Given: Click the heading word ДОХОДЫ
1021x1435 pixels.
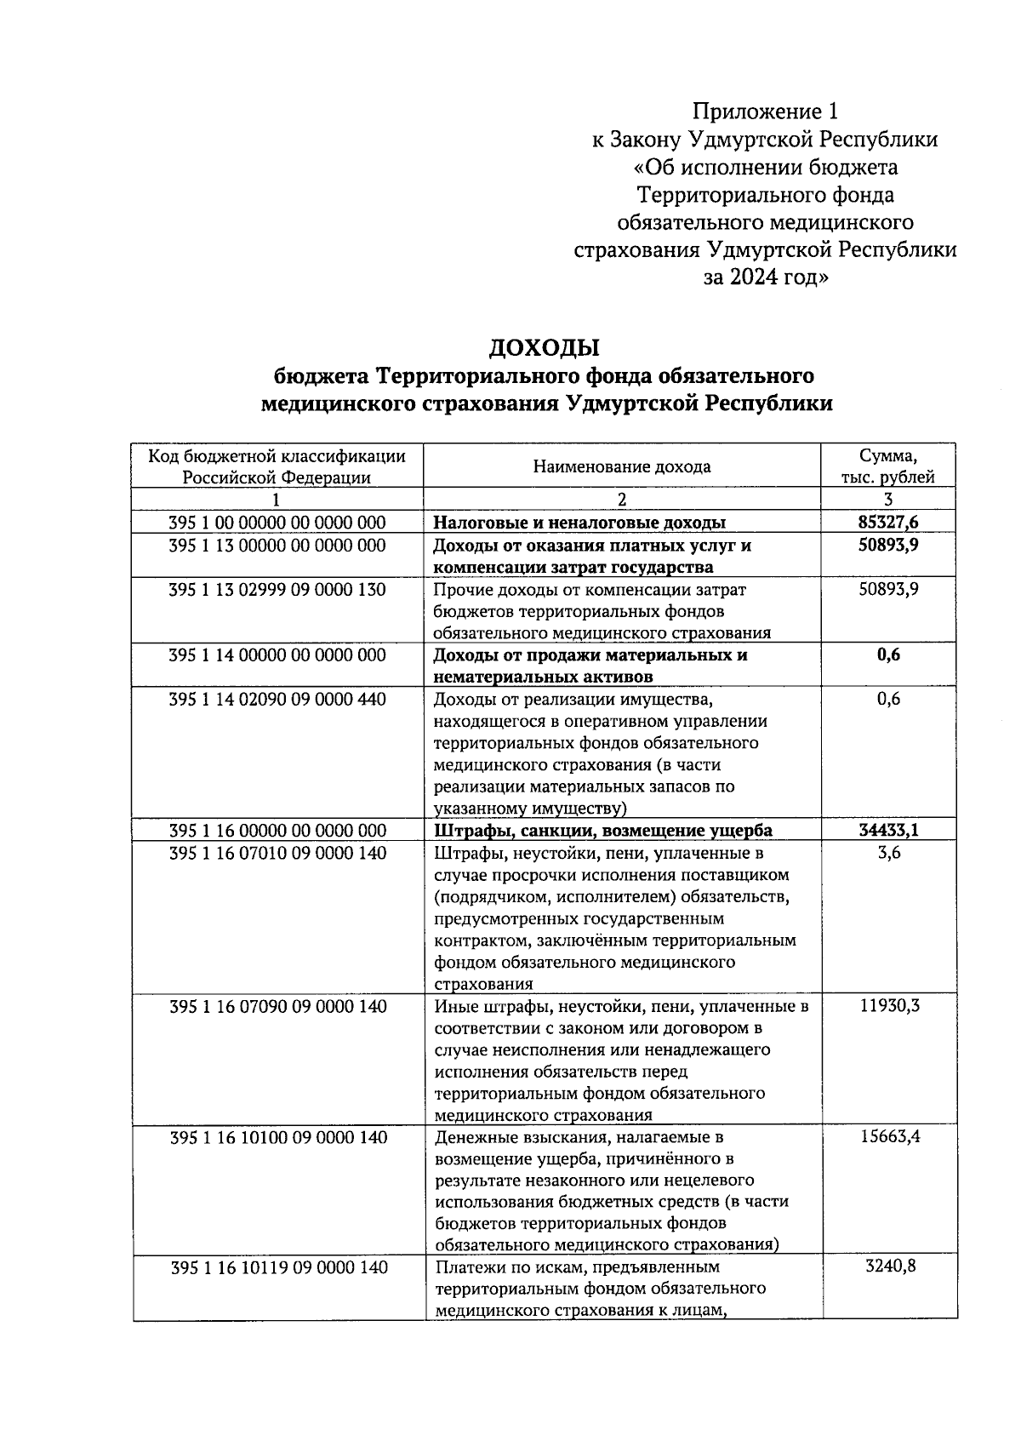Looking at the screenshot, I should (x=544, y=347).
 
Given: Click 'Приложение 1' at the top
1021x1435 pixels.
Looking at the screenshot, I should (x=765, y=111).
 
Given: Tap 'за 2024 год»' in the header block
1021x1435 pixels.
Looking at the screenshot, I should (x=765, y=277).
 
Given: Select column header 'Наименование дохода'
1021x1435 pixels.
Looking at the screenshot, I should (x=621, y=466).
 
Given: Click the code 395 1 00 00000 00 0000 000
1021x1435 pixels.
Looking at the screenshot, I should (x=277, y=523).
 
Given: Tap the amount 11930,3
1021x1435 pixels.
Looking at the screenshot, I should (x=889, y=1006).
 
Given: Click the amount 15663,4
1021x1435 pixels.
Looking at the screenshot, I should (x=889, y=1137).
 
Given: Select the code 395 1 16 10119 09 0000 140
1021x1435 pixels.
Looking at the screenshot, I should (x=278, y=1267).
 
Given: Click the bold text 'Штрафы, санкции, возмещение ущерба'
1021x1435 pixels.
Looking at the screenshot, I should (x=603, y=831).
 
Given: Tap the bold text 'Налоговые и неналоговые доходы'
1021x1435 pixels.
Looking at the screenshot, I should (x=579, y=523).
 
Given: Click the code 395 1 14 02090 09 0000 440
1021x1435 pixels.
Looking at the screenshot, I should (x=277, y=700).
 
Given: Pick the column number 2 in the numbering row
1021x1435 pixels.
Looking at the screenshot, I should (x=621, y=500).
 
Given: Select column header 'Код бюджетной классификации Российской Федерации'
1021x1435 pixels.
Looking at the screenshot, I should (x=277, y=466).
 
